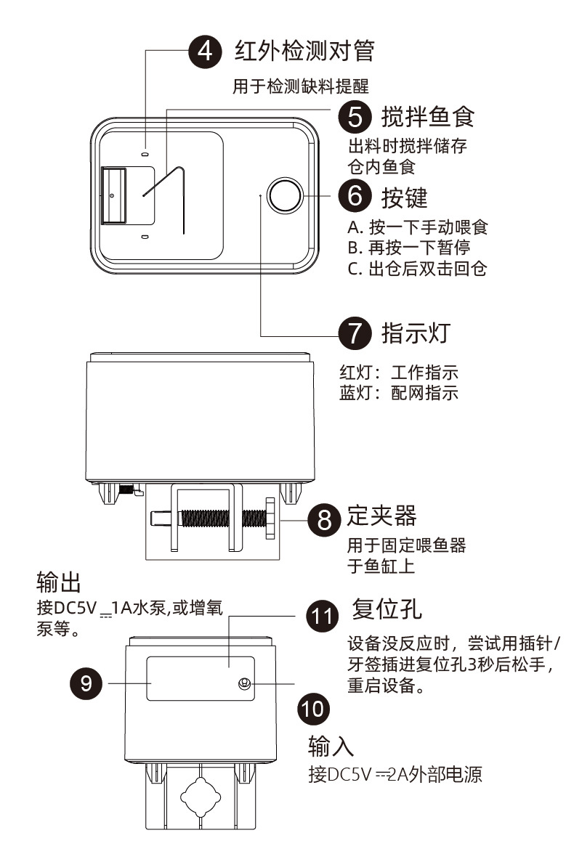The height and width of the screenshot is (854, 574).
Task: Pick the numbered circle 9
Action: pos(86,683)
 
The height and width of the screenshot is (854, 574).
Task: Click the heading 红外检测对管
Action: pos(304,50)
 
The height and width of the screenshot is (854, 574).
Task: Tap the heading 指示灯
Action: pos(416,333)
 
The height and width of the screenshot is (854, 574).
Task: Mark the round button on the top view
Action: pos(284,195)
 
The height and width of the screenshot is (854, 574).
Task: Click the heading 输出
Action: pos(58,581)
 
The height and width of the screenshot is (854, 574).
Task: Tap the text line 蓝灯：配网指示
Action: pos(398,393)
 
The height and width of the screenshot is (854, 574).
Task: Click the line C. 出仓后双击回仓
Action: pos(417,268)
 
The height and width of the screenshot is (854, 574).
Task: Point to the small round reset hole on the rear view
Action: pos(245,683)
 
